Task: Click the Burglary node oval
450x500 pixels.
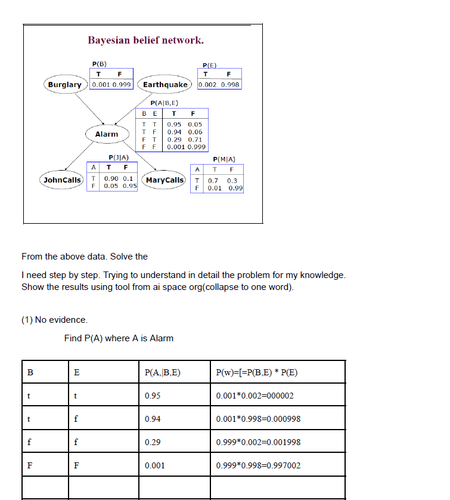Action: pyautogui.click(x=64, y=85)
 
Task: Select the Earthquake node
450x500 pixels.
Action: pyautogui.click(x=165, y=85)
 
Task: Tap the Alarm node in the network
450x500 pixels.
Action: pyautogui.click(x=107, y=134)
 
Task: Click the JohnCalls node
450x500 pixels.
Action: pyautogui.click(x=62, y=180)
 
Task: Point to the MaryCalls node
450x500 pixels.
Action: pyautogui.click(x=165, y=180)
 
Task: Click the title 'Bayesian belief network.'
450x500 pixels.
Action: pyautogui.click(x=145, y=41)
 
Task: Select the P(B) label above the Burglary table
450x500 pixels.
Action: pyautogui.click(x=99, y=63)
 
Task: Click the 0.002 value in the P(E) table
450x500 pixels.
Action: pyautogui.click(x=207, y=85)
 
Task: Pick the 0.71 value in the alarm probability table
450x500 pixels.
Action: pyautogui.click(x=195, y=139)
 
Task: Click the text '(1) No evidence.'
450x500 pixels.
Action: pyautogui.click(x=54, y=320)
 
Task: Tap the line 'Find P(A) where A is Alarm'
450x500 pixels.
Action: pyautogui.click(x=119, y=338)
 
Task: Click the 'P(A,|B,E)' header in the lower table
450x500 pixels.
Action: pyautogui.click(x=162, y=373)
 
